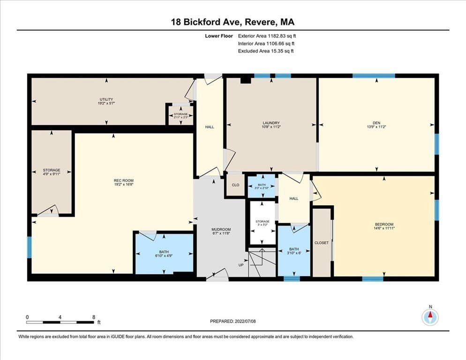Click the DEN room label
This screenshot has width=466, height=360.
point(376,123)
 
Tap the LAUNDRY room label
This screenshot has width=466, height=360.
point(271,123)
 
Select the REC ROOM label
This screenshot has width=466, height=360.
point(124,180)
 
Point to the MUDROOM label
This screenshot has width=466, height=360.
point(221,230)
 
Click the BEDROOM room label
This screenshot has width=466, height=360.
point(384,225)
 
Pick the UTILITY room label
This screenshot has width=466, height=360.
point(106,99)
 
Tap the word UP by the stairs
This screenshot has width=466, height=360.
point(241,265)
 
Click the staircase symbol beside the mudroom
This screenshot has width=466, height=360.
point(262,262)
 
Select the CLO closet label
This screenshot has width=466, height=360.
point(235,185)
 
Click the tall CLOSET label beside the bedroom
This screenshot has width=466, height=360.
point(321,243)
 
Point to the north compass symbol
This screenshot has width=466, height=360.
point(430,317)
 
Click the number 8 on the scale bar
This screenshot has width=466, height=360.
point(94,317)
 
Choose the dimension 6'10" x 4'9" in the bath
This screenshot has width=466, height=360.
point(164,255)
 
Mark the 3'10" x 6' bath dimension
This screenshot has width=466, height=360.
point(294,253)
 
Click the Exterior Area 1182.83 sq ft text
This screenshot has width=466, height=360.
point(267,36)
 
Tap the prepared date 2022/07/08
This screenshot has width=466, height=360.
point(245,322)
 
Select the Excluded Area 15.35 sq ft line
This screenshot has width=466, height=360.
point(266,51)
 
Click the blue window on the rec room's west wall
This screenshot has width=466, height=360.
point(29,247)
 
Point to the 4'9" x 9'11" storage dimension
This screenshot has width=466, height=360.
point(52,174)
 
